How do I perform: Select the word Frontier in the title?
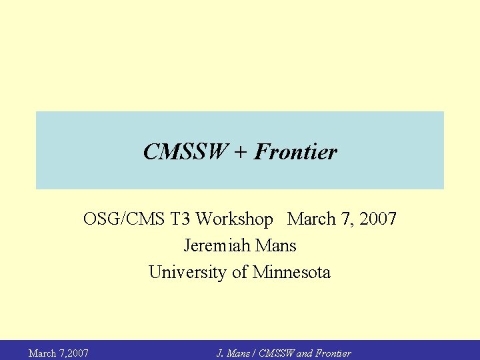[x=295, y=153]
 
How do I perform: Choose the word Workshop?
[x=235, y=219]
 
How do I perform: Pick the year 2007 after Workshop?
[x=376, y=219]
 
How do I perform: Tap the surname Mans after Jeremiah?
[x=275, y=245]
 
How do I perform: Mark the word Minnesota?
[x=291, y=272]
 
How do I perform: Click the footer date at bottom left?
[x=59, y=353]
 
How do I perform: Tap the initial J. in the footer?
[x=220, y=353]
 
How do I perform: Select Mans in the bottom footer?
[x=237, y=353]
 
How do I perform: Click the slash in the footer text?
[x=253, y=353]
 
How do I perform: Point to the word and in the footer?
[x=304, y=353]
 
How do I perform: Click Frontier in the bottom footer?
[x=333, y=353]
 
